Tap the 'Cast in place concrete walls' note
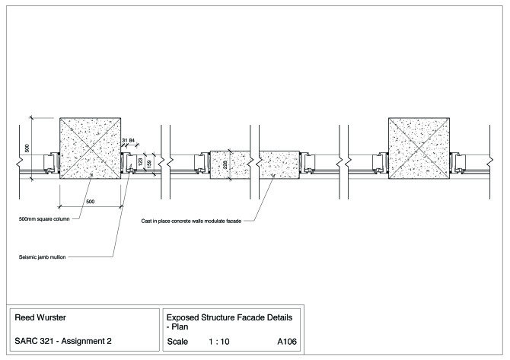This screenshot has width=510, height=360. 191,221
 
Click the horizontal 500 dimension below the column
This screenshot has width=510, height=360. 90,201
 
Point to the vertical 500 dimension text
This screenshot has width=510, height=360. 27,148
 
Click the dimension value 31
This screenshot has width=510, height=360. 124,141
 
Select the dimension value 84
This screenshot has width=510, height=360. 132,141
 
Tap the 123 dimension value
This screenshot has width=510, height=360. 141,162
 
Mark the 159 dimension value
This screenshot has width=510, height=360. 149,162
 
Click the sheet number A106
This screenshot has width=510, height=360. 287,342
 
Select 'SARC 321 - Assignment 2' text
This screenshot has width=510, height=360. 62,342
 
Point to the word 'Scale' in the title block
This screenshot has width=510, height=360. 177,342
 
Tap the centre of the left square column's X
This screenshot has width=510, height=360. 90,148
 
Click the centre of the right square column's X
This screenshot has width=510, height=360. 419,148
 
